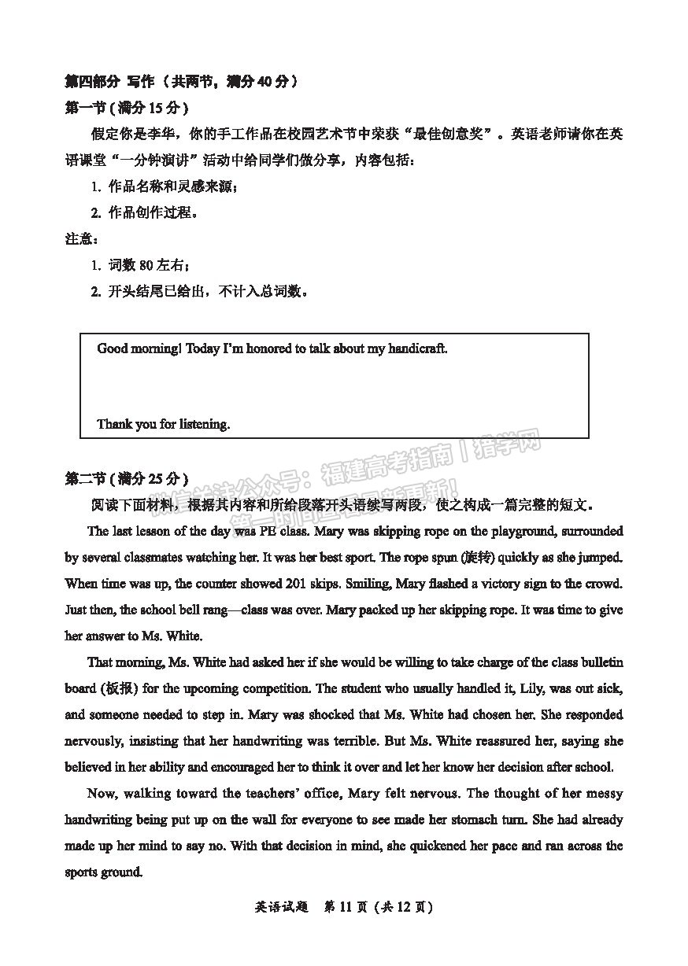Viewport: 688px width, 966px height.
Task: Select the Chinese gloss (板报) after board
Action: click(x=120, y=688)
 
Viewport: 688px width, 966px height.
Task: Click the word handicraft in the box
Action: click(x=416, y=348)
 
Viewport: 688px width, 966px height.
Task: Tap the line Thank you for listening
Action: click(x=163, y=424)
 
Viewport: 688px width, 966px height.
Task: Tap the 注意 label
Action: click(x=80, y=239)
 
